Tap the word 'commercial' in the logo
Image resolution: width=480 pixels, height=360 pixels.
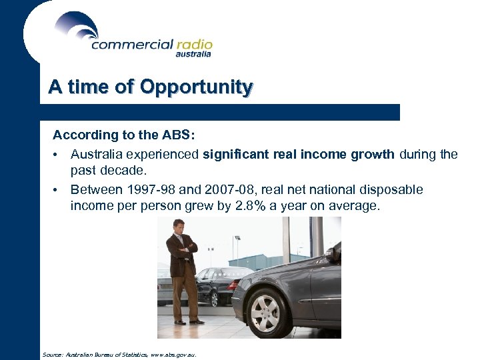(131, 45)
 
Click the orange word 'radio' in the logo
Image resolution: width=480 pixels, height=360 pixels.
(194, 45)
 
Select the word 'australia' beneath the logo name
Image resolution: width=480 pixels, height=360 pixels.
(193, 55)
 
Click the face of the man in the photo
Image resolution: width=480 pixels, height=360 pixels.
(178, 227)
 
